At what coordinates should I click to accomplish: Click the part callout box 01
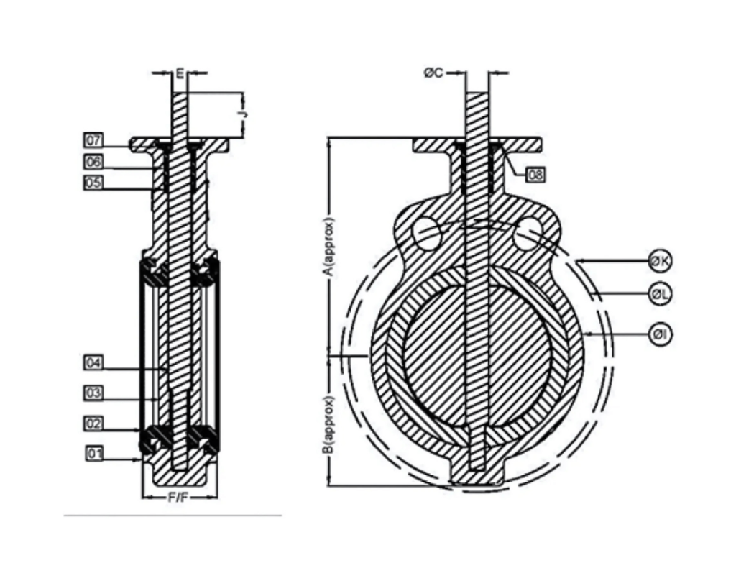[94, 453]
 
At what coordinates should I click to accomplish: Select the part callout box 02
[94, 424]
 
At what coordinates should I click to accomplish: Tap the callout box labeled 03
[94, 393]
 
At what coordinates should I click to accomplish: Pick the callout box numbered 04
[94, 363]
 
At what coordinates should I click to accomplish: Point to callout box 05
[94, 183]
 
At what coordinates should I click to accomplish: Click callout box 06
[94, 162]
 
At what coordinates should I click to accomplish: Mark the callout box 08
[535, 174]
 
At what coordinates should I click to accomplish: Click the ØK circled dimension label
[660, 262]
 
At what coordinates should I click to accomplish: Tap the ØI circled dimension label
[660, 334]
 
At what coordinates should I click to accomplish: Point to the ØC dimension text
[433, 73]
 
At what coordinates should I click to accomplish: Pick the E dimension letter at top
[180, 73]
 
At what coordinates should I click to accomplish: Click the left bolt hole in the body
[428, 234]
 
